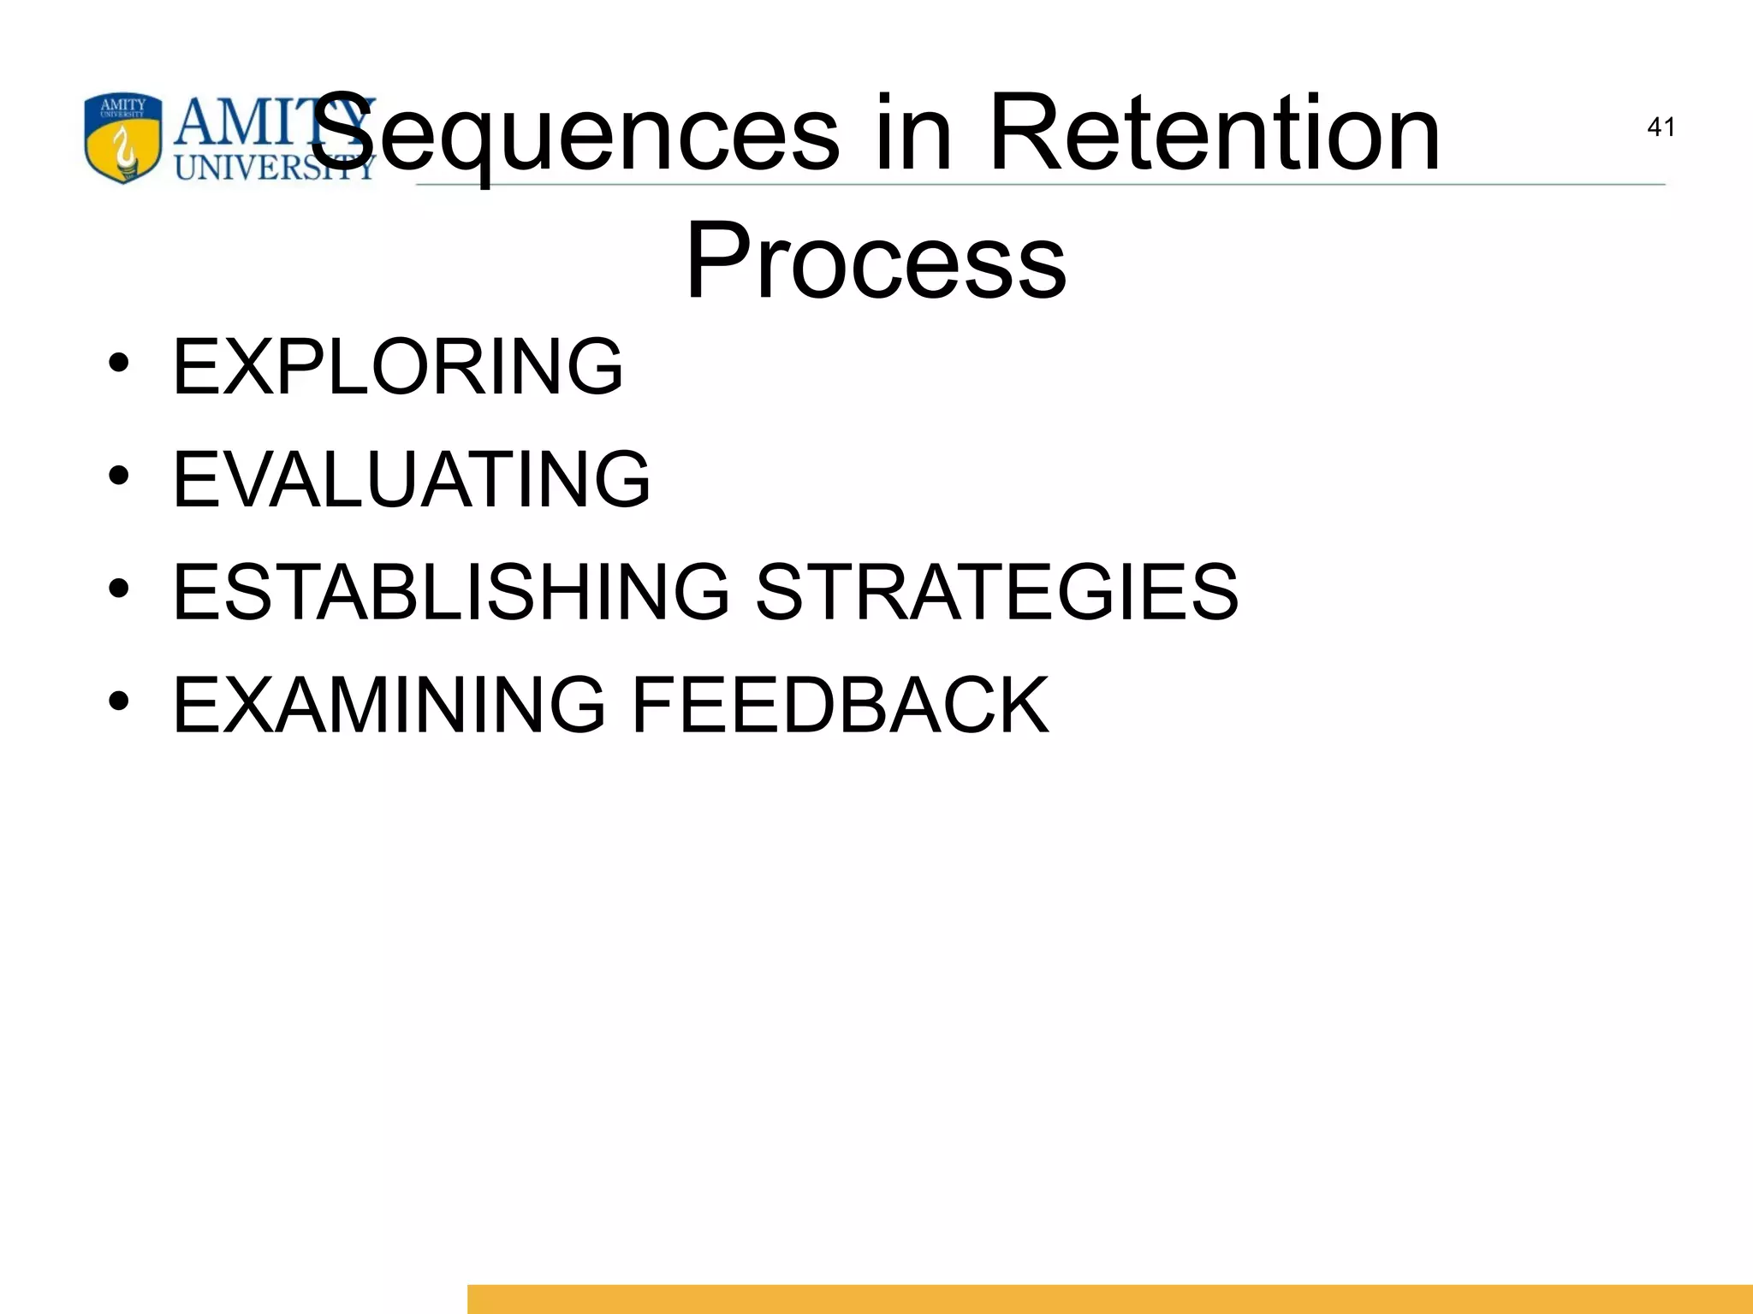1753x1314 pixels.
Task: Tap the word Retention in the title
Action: (x=1213, y=135)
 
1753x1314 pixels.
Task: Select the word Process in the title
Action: (x=876, y=261)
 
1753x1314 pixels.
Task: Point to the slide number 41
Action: (x=1661, y=127)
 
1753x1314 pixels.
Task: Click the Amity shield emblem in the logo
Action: (x=123, y=138)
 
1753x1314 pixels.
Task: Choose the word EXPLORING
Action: (x=398, y=367)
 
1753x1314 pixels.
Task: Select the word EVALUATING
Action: (x=411, y=479)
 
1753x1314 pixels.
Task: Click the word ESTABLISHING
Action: (x=451, y=591)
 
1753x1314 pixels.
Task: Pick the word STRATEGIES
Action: (x=996, y=591)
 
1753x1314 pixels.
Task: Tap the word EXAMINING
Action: (x=389, y=704)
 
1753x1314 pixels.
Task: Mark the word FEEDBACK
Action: (x=839, y=704)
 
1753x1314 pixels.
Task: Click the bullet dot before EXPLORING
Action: (x=119, y=363)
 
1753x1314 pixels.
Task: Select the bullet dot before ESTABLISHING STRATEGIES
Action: (x=119, y=588)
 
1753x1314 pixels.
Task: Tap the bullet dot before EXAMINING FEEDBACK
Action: (x=119, y=701)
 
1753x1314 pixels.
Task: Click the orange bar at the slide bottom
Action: (x=1109, y=1299)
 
